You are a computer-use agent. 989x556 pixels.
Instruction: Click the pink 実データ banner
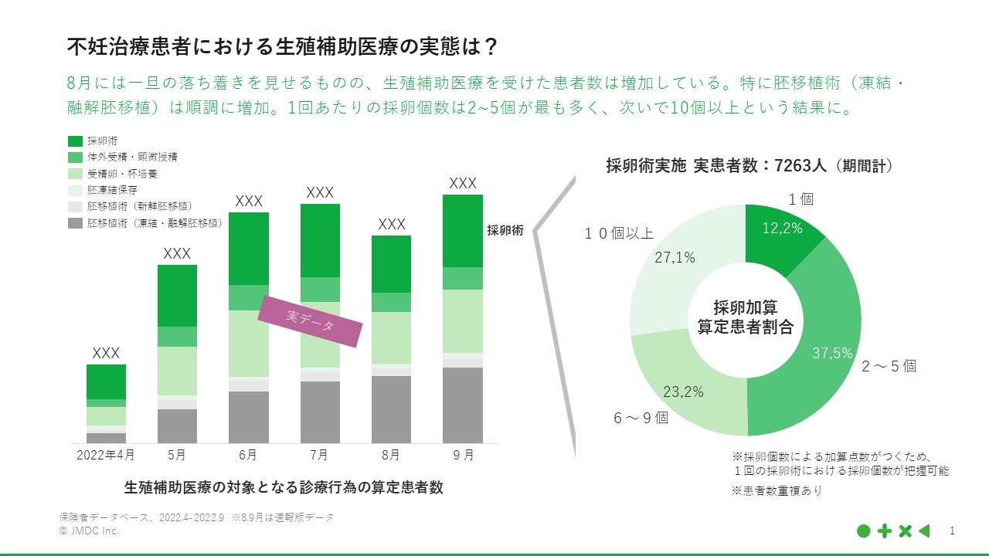[310, 320]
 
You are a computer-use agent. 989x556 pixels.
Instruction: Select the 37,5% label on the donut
[832, 353]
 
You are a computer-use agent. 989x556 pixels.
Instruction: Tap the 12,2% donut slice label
[782, 228]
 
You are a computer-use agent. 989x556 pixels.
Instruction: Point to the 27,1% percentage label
[675, 258]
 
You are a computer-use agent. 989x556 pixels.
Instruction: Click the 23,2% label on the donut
[683, 392]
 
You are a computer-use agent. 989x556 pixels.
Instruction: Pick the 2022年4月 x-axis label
[106, 455]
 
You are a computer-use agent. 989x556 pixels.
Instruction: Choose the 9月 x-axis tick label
[463, 455]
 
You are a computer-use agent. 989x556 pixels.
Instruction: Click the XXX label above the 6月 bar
[249, 201]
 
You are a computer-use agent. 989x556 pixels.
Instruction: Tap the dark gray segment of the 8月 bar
[391, 409]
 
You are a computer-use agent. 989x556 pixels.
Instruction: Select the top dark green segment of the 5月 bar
[177, 295]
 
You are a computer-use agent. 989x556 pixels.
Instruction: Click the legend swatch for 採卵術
[75, 141]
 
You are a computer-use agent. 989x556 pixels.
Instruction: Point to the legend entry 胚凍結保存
[113, 190]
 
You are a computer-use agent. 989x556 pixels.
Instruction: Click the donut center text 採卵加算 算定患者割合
[745, 317]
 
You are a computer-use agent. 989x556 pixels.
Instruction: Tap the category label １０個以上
[618, 233]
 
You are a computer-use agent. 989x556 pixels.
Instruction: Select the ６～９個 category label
[641, 418]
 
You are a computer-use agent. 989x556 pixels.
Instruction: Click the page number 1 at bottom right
[952, 531]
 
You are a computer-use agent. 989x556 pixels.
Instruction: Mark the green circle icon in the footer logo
[864, 531]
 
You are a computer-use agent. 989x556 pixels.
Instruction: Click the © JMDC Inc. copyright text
[89, 531]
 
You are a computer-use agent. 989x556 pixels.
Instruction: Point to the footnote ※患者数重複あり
[777, 490]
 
